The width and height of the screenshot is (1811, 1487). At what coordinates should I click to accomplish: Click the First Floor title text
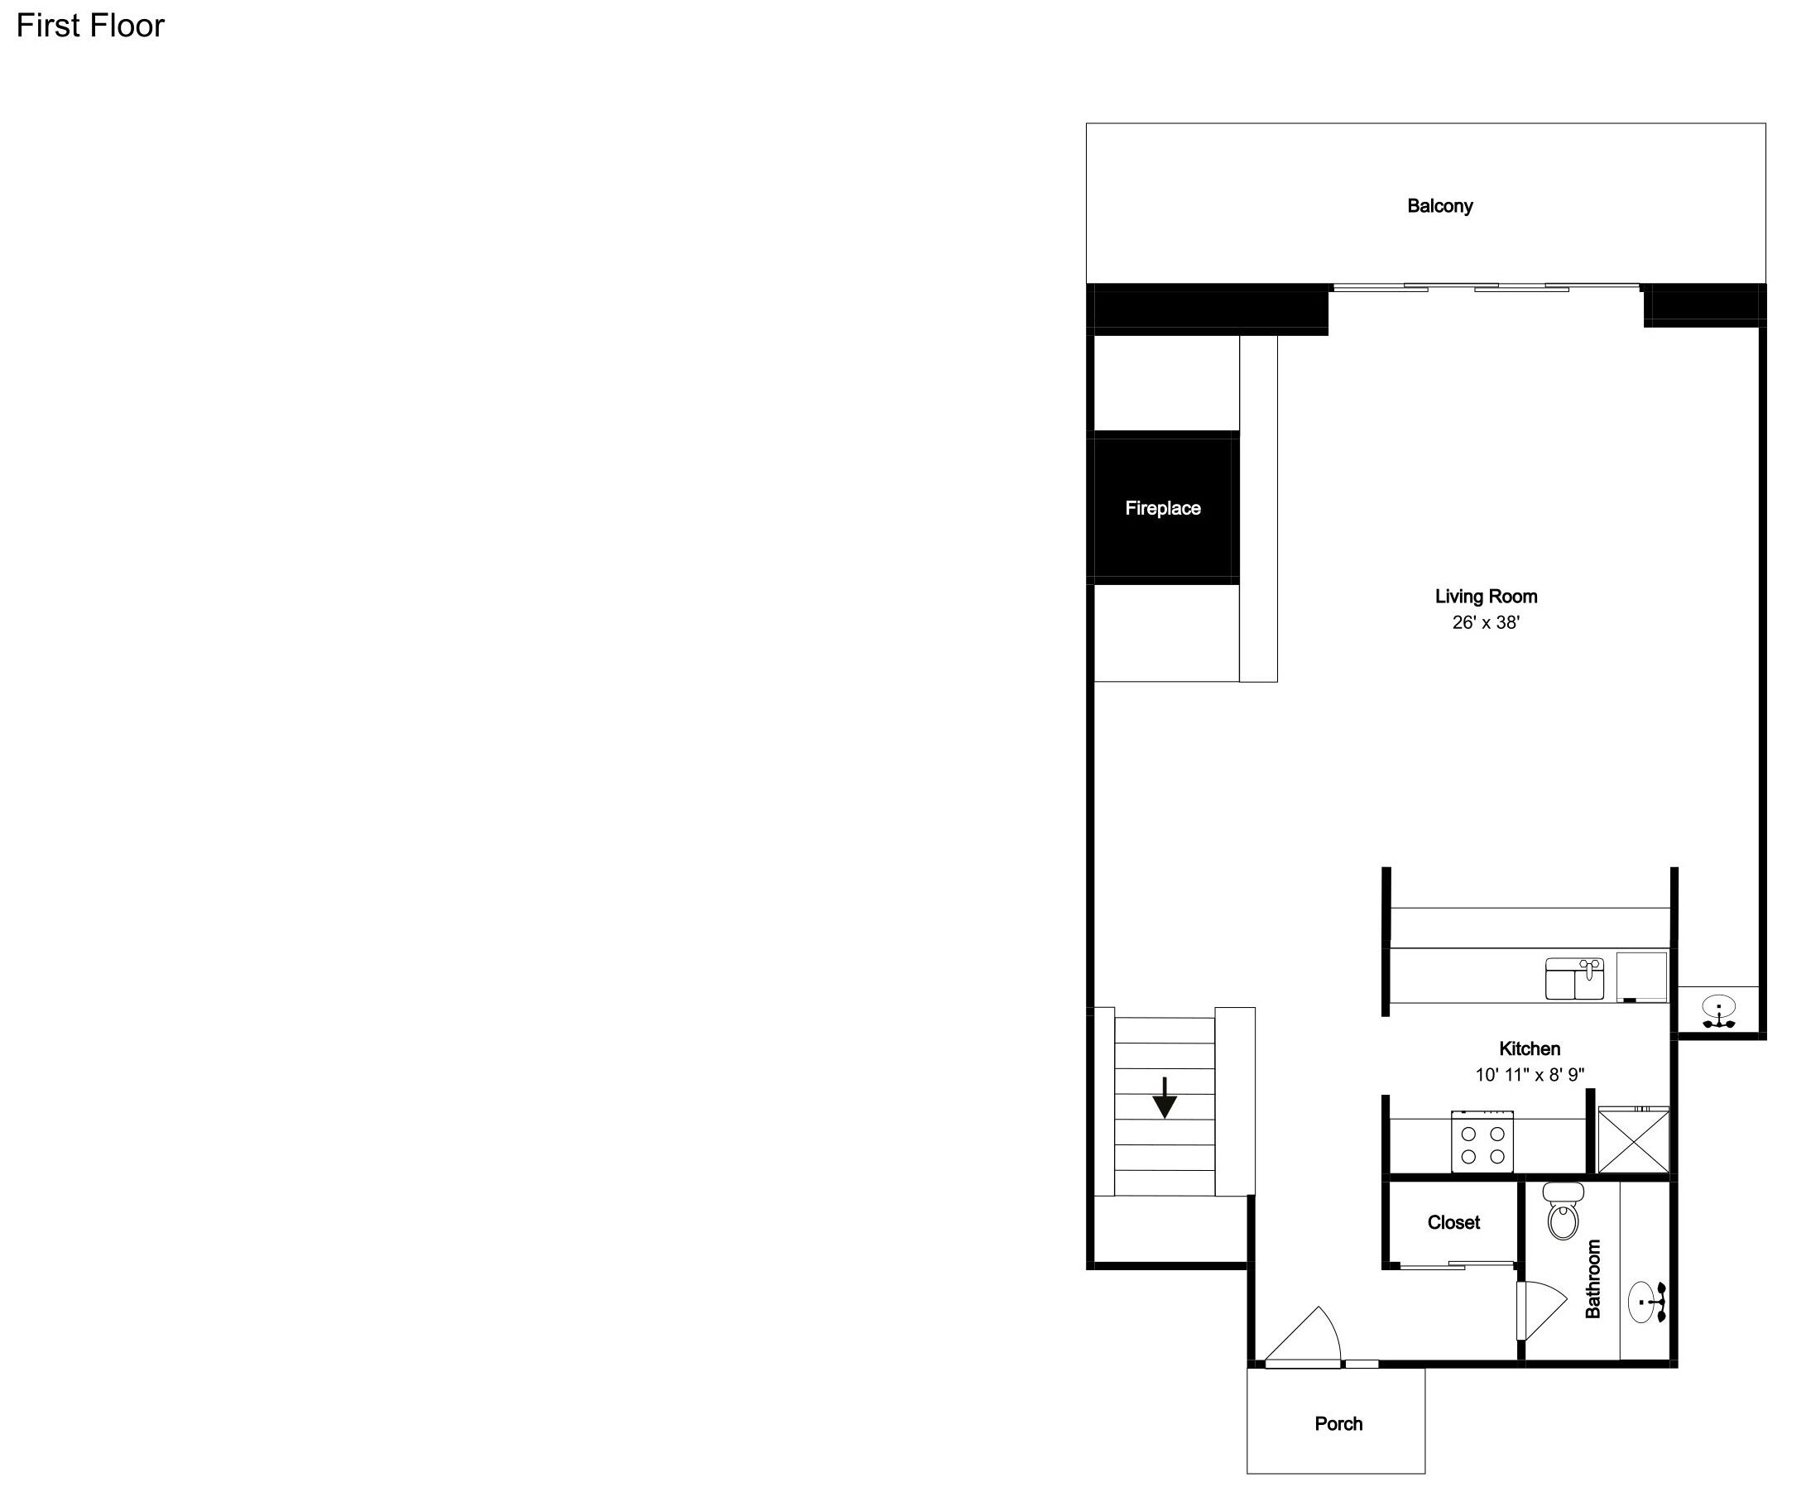(x=90, y=26)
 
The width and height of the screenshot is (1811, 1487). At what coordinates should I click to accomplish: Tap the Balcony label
(x=1440, y=205)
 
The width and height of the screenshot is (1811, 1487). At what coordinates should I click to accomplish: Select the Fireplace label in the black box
(x=1163, y=508)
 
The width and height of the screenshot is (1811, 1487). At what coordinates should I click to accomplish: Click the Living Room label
(x=1487, y=596)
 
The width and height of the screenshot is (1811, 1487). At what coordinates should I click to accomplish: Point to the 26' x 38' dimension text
(x=1486, y=623)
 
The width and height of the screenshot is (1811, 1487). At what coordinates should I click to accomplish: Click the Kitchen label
(x=1529, y=1048)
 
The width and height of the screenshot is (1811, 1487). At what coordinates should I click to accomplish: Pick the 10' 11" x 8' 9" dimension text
(x=1529, y=1074)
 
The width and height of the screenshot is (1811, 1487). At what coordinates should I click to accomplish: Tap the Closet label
(x=1453, y=1222)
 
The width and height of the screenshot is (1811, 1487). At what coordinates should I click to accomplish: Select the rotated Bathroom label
(x=1592, y=1278)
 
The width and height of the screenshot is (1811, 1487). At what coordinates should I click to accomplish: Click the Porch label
(x=1338, y=1423)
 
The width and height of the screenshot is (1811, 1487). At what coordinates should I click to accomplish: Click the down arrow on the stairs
(x=1165, y=1098)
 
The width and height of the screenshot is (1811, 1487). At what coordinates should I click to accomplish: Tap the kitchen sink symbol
(x=1574, y=978)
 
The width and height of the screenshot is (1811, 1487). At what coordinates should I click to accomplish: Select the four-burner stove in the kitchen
(x=1482, y=1142)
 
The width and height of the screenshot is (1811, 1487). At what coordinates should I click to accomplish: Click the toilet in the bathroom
(x=1564, y=1211)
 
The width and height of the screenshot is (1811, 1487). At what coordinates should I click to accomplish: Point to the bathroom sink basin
(x=1644, y=1302)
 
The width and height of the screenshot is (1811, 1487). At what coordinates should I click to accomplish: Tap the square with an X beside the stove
(x=1633, y=1140)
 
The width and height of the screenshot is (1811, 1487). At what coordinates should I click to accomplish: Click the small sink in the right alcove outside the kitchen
(x=1718, y=1011)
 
